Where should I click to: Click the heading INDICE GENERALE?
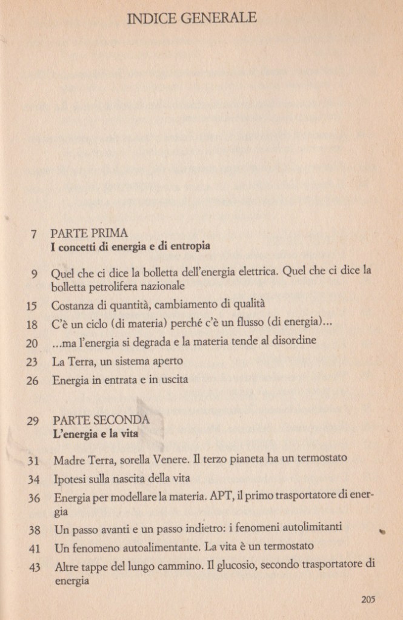[x=192, y=19]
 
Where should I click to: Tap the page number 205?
[x=368, y=600]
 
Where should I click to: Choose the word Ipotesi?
[x=68, y=480]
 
